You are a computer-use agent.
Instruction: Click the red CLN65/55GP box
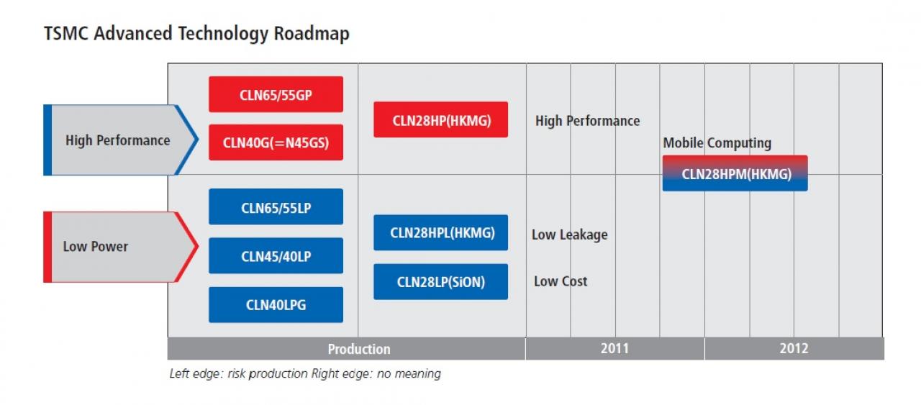point(276,94)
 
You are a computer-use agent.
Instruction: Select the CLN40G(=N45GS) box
point(276,142)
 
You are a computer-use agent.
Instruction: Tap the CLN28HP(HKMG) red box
point(441,119)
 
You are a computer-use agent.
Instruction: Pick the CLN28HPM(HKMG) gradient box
point(735,173)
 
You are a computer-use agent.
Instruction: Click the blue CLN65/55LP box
point(276,207)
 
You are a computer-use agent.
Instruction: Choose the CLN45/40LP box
point(276,256)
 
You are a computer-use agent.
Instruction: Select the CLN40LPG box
point(276,305)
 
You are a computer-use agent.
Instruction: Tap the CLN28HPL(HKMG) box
point(441,233)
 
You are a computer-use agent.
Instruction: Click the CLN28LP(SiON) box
point(441,282)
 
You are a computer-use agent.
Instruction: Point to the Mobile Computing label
point(717,143)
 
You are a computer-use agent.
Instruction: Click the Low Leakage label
point(569,235)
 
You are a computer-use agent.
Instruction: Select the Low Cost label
point(561,281)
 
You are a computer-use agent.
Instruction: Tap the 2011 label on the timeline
point(614,349)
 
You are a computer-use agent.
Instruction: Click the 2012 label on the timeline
point(794,349)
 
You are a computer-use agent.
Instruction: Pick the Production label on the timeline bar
point(359,349)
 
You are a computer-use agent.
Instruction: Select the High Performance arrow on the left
point(121,140)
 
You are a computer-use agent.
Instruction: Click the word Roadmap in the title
point(312,34)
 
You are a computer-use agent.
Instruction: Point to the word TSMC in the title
point(65,34)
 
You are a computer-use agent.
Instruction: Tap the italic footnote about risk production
point(304,374)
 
